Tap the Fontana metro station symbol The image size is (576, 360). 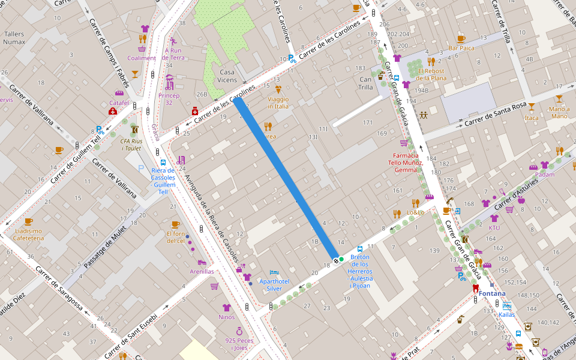pos(476,287)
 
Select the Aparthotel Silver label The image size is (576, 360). pos(274,284)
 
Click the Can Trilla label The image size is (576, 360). pos(366,83)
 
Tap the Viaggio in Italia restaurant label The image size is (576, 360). pos(278,103)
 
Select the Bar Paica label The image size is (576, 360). pos(461,48)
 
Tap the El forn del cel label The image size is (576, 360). pos(176,237)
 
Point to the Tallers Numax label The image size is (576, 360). pos(14,38)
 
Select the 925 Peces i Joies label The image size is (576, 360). pos(239,344)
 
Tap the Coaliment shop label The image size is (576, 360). pos(142,58)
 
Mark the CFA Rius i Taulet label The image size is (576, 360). pos(131,145)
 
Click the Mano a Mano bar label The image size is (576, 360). pos(559,112)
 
